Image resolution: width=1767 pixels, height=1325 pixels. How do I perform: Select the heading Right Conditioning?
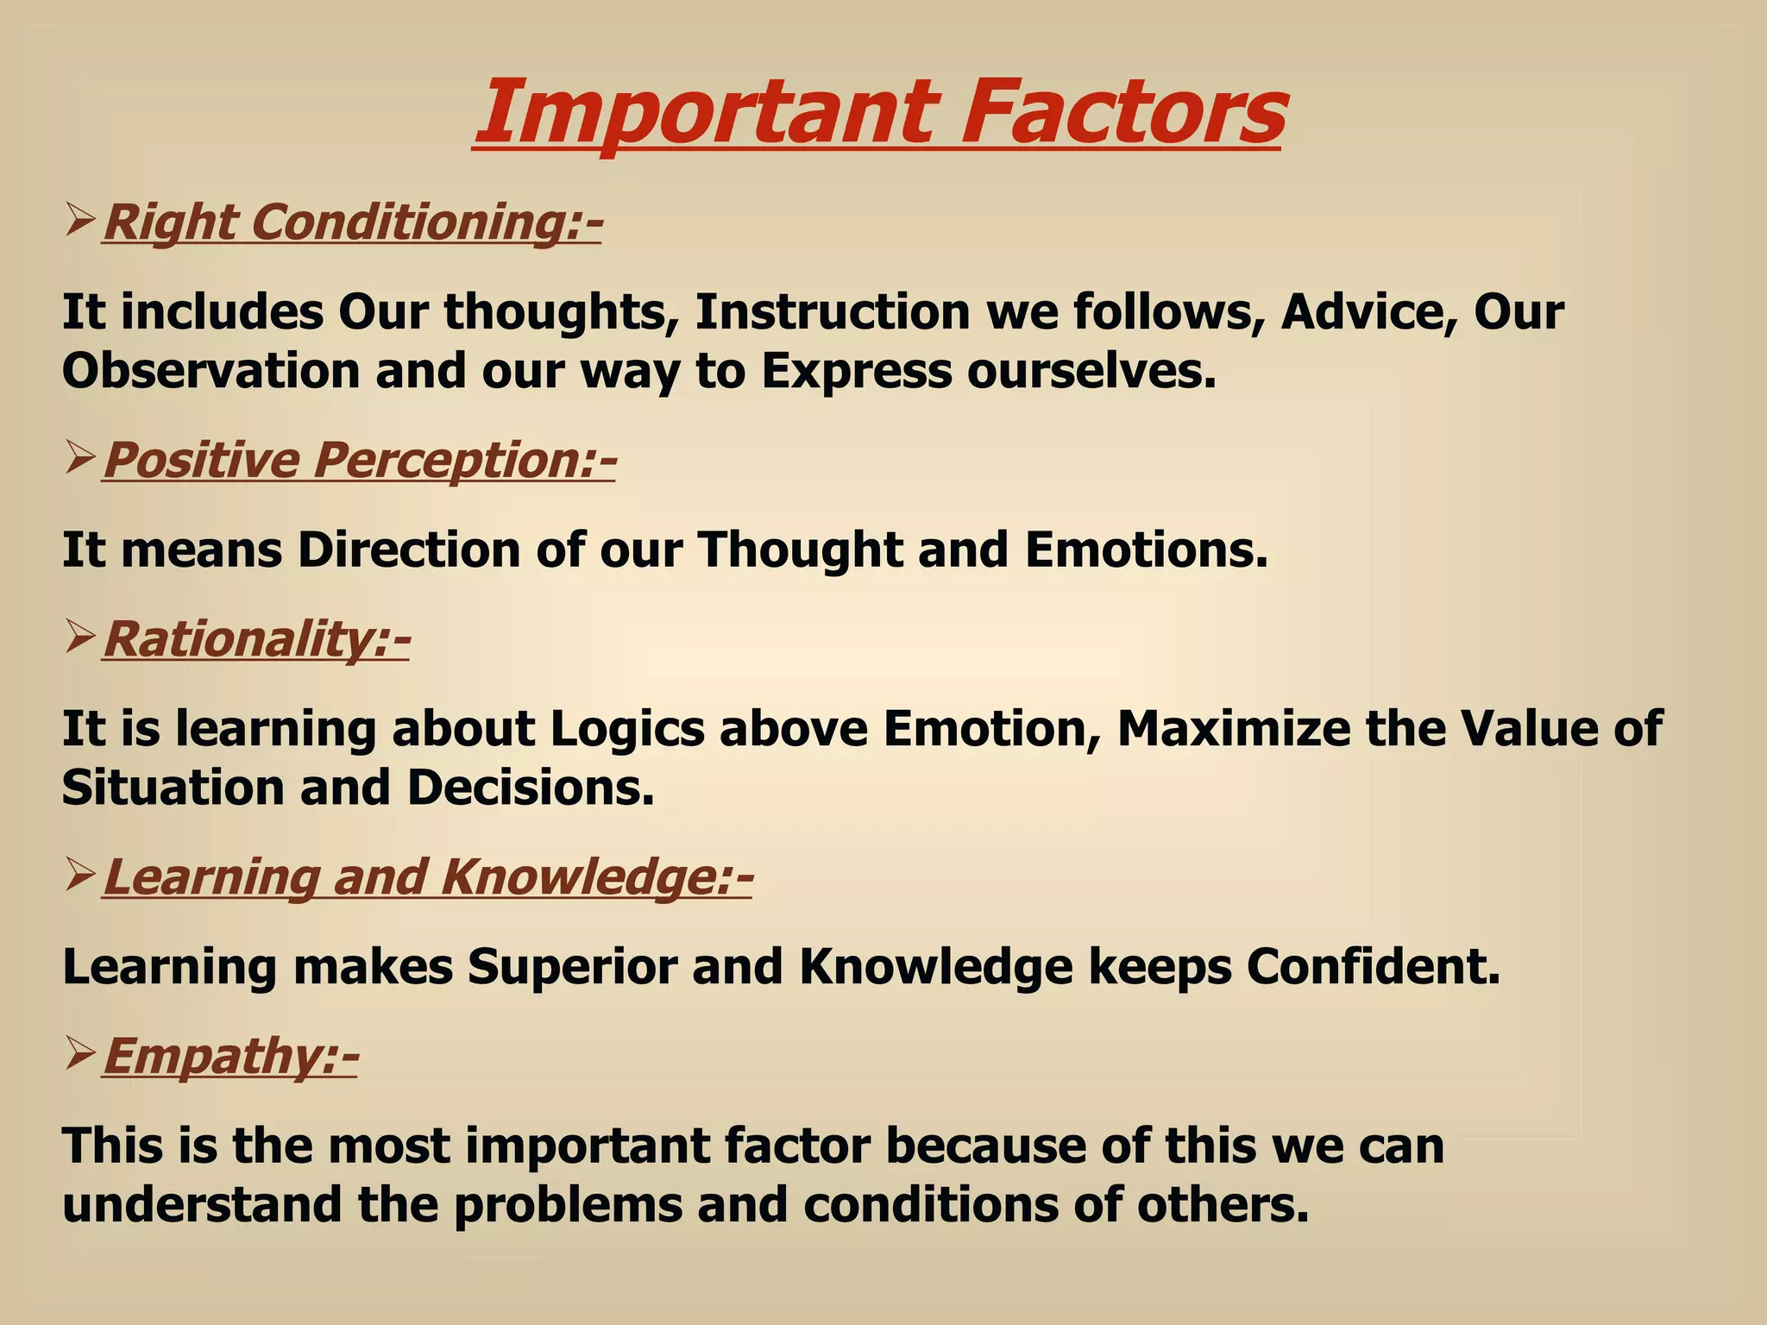click(x=352, y=223)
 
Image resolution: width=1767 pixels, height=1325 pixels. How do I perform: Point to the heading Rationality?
click(x=256, y=639)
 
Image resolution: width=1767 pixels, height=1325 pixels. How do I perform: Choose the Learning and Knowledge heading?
click(x=428, y=877)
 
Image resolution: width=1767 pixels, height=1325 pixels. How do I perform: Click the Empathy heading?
click(x=230, y=1056)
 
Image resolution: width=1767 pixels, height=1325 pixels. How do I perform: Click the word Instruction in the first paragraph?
click(x=833, y=311)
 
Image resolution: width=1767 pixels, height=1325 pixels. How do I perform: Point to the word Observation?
click(x=211, y=371)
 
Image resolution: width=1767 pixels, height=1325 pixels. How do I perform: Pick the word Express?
click(x=856, y=371)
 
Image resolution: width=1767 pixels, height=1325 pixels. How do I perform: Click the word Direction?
click(x=409, y=549)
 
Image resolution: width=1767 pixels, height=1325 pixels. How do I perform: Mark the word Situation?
click(x=173, y=788)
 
